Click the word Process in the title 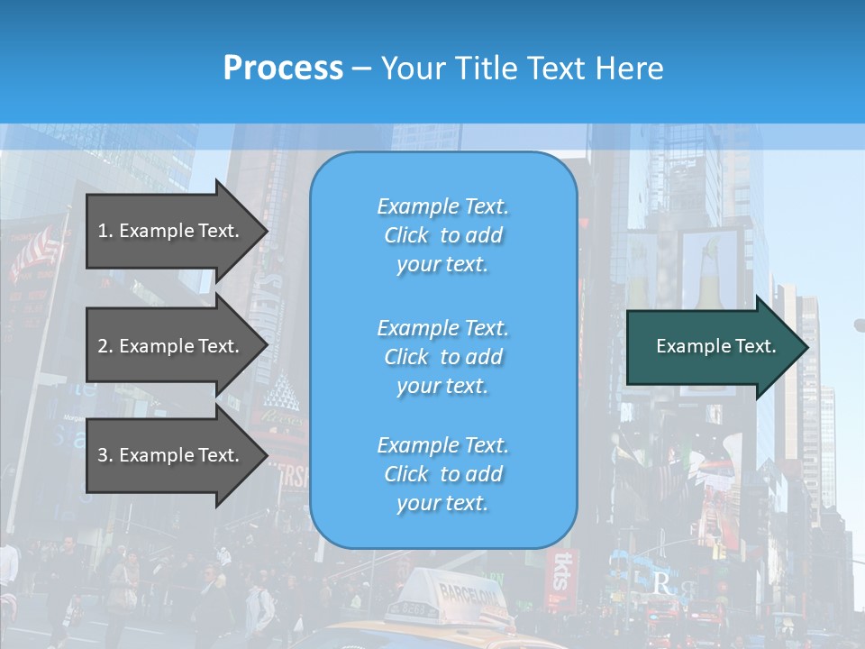(x=283, y=69)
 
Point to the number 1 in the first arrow (x=103, y=231)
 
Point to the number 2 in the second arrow (x=103, y=346)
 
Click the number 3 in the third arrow (x=103, y=455)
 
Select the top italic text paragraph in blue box (x=442, y=235)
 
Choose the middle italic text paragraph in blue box (x=442, y=357)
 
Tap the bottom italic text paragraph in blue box (x=442, y=474)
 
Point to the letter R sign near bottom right (x=661, y=585)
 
